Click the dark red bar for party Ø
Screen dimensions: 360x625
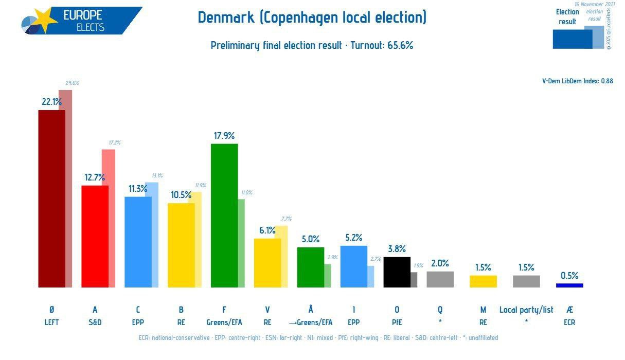pos(51,198)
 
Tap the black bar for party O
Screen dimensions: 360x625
pos(397,272)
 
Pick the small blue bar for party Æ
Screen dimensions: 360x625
pos(569,285)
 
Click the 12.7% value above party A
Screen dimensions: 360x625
pos(95,177)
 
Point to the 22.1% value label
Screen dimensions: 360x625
pos(51,102)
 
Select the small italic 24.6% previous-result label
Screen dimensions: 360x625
pos(72,83)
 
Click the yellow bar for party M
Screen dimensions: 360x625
pos(483,281)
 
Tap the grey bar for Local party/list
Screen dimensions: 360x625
pos(526,281)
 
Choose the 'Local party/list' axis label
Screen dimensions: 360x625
pos(526,310)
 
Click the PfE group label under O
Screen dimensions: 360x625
pos(397,323)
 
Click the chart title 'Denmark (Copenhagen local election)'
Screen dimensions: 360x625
pos(312,17)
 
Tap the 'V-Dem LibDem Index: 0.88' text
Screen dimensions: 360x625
pos(577,81)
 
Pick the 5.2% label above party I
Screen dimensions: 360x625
pos(354,238)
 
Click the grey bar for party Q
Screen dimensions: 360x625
pos(440,279)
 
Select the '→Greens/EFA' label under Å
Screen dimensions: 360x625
pos(311,323)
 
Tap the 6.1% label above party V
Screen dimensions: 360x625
pos(267,230)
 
